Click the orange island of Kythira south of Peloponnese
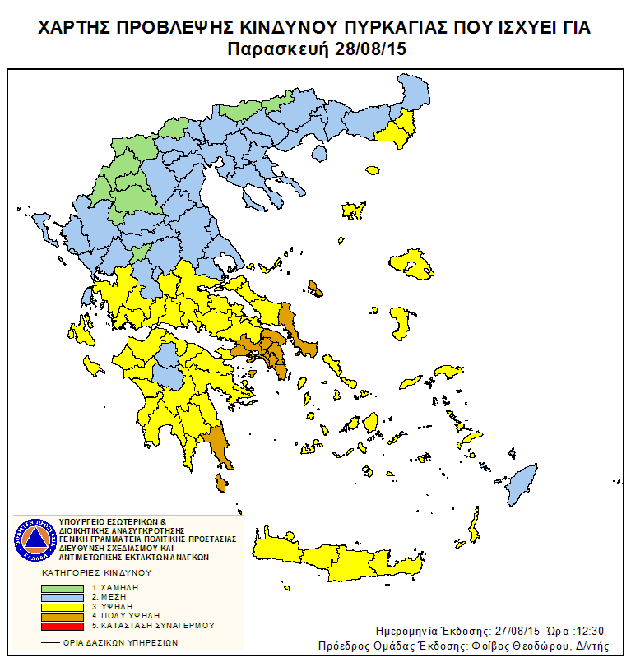220,482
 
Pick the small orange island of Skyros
315,288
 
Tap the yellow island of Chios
401,322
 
